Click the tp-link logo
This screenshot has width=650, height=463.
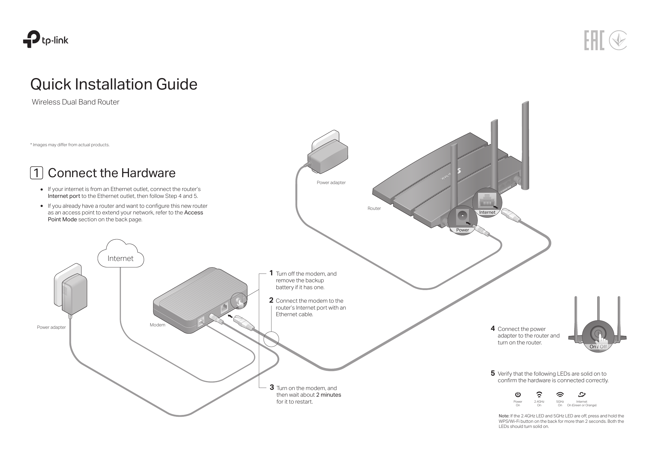pos(46,39)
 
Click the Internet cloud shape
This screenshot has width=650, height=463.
pos(121,255)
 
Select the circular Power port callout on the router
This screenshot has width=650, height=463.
pos(462,220)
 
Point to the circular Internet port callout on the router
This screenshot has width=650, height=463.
pos(487,203)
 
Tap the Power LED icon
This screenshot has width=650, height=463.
pos(518,394)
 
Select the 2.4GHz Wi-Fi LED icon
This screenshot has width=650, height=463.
pos(539,394)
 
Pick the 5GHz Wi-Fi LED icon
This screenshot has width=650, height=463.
pos(560,394)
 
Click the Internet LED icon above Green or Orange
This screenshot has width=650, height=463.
pos(582,394)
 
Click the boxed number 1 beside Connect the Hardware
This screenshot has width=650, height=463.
pos(36,173)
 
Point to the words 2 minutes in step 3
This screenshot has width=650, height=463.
pos(328,395)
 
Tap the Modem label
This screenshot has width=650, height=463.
pos(158,325)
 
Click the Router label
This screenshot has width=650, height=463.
pos(374,208)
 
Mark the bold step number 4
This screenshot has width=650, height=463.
pos(492,328)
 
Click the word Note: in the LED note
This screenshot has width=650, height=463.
pos(504,416)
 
